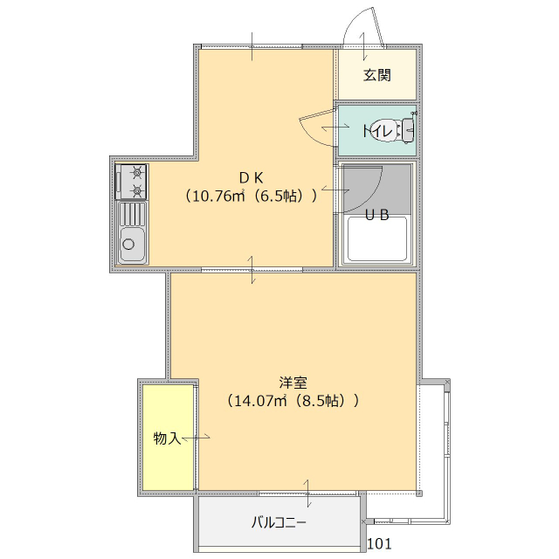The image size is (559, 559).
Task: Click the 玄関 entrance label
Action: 377,74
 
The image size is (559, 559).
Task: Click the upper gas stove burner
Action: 137,172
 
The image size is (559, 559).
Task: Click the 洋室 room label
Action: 293,382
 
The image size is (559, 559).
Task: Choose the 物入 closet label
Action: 167,437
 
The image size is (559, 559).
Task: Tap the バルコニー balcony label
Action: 279,523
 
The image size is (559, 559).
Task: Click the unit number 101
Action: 379,544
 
